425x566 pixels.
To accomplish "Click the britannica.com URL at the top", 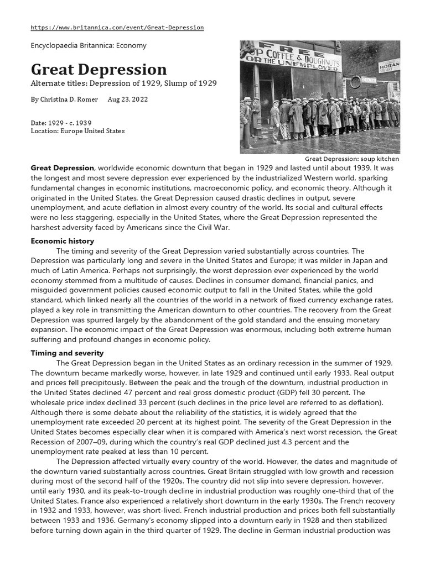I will point(117,27).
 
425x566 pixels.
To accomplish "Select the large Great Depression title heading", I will point(99,70).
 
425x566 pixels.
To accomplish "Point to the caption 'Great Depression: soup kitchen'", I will point(352,159).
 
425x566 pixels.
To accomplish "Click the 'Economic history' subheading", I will point(62,241).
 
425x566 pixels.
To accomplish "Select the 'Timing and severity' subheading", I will point(66,353).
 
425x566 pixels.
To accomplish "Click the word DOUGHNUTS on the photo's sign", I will point(320,56).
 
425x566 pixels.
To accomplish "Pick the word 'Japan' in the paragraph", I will point(375,261).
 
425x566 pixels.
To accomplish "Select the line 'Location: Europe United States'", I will point(77,131).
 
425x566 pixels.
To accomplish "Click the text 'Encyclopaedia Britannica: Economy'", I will point(88,46).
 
